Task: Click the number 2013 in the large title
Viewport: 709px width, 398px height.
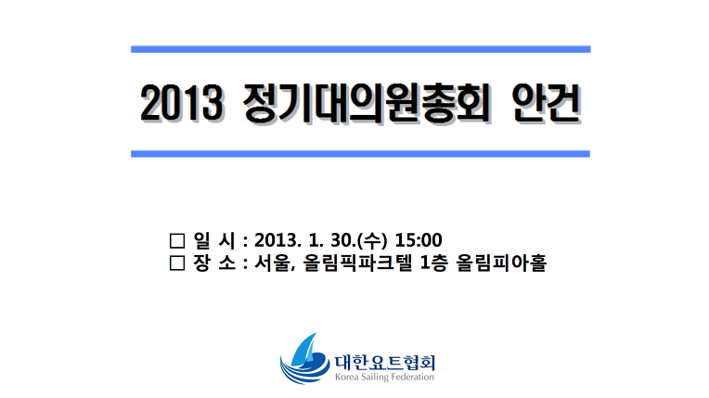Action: coord(181,103)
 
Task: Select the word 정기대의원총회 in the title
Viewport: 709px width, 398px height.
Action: coord(367,103)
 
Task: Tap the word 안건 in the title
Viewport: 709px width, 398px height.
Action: coord(546,103)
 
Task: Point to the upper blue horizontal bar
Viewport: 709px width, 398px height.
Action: coord(361,49)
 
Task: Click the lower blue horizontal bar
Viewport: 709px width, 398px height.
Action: coord(360,154)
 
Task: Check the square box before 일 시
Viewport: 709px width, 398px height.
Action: coord(177,240)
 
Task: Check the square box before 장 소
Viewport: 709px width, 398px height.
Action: coord(177,263)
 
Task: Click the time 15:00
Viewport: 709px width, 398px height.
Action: coord(419,240)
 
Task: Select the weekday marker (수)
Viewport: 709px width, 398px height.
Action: coord(372,240)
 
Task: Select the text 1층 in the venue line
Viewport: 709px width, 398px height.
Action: coord(433,263)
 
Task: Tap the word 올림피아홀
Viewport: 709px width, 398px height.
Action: coord(501,263)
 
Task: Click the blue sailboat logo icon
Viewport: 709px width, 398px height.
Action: coord(304,359)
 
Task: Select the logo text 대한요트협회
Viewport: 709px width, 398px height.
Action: coord(385,362)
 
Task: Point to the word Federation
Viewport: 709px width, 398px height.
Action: coord(412,377)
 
